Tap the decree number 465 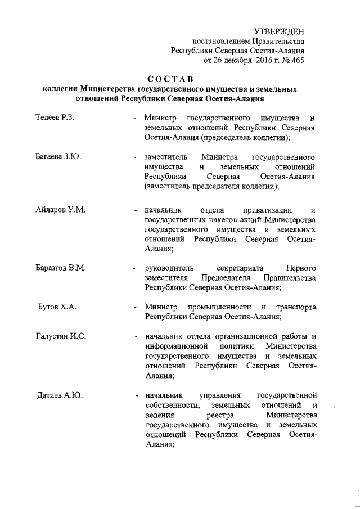[297, 60]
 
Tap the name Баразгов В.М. [60, 267]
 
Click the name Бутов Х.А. [56, 307]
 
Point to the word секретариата [238, 267]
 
